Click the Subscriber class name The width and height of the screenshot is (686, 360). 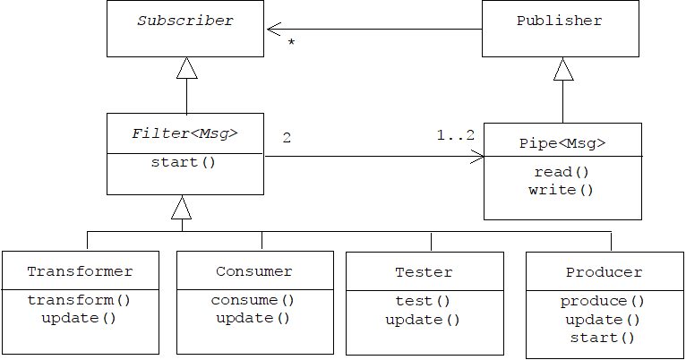184,21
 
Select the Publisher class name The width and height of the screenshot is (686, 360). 560,21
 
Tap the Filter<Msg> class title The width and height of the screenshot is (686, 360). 184,133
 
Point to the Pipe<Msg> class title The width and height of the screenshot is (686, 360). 562,143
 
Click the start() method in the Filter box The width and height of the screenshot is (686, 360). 184,163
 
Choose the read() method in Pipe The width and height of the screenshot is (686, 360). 562,172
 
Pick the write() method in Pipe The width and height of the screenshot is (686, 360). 562,190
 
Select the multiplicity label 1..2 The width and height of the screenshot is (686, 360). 456,135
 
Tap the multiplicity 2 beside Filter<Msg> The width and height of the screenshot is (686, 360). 287,138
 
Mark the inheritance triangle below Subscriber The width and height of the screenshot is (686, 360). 186,69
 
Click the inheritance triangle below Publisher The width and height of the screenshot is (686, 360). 562,70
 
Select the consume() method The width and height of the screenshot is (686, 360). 253,300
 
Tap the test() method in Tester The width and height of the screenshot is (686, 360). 423,301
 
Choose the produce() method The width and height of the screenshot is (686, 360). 603,302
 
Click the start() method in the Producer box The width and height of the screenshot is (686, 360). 603,338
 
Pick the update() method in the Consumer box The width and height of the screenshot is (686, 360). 253,318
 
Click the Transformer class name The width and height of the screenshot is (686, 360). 80,271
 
